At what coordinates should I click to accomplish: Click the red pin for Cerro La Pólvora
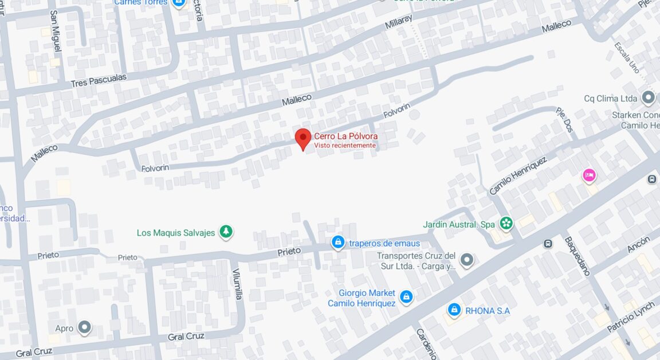point(303,138)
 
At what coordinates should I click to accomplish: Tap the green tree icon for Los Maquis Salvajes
point(227,232)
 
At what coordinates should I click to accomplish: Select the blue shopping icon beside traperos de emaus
point(339,243)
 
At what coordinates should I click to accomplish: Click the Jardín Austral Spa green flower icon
point(505,223)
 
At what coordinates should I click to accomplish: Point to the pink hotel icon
point(589,175)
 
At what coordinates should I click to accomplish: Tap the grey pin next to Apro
point(85,327)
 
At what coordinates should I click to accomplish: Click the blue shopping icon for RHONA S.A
point(454,310)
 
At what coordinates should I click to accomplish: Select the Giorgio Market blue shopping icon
point(406,296)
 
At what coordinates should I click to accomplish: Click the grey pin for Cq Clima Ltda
point(648,97)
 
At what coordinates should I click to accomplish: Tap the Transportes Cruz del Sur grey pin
point(467,260)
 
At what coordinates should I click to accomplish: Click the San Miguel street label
point(55,31)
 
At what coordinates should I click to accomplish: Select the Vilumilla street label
point(238,284)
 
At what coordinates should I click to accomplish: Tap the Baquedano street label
point(577,256)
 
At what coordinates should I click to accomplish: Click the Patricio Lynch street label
point(631,316)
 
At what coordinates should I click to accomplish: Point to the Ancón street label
point(638,245)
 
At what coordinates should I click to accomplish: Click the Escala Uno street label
point(627,57)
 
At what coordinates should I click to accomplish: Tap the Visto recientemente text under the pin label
point(345,146)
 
